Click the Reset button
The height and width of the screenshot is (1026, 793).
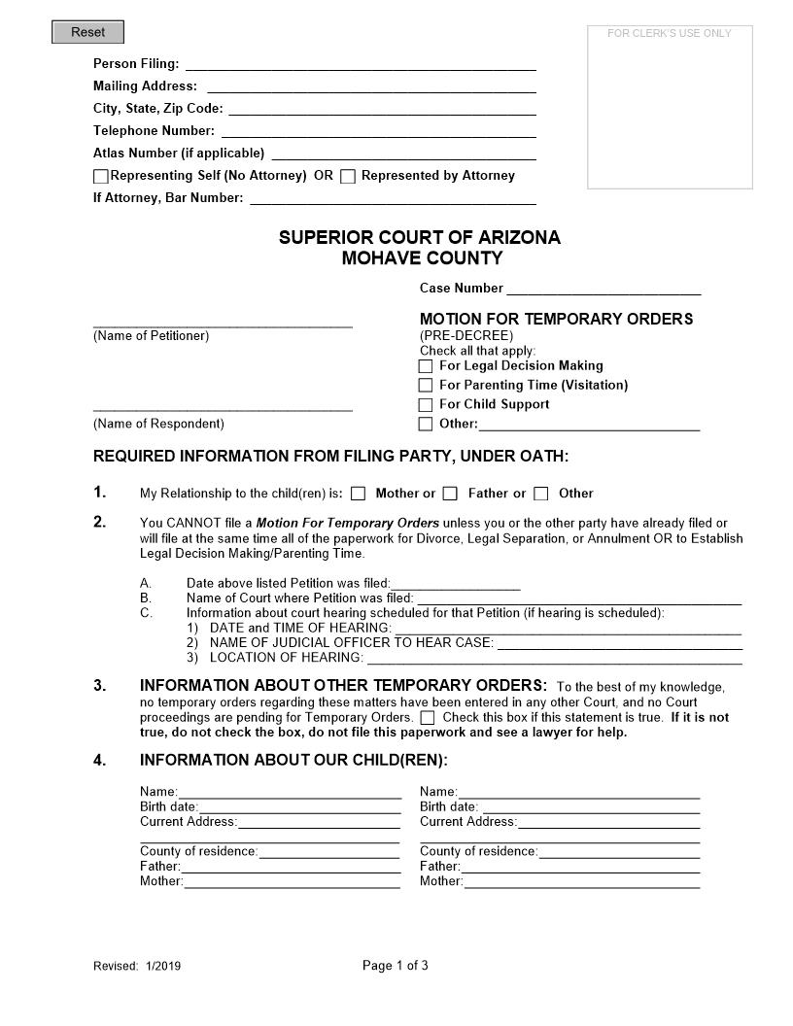pyautogui.click(x=87, y=32)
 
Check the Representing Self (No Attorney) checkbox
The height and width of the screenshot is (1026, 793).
pyautogui.click(x=101, y=177)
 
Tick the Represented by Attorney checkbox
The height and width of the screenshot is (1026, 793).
pyautogui.click(x=348, y=177)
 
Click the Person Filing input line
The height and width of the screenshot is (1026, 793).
pyautogui.click(x=360, y=64)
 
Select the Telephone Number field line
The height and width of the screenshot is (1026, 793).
pyautogui.click(x=379, y=131)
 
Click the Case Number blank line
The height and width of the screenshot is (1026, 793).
pyautogui.click(x=603, y=289)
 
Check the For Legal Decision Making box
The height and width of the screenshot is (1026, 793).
pyautogui.click(x=426, y=366)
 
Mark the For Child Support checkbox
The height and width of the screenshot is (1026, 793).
pyautogui.click(x=426, y=405)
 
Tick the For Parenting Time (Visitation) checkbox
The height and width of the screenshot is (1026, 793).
pyautogui.click(x=426, y=386)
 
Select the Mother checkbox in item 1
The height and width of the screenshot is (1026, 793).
pyautogui.click(x=359, y=494)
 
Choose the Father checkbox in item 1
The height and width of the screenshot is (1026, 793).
pyautogui.click(x=450, y=494)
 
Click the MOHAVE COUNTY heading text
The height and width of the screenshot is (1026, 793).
pyautogui.click(x=422, y=258)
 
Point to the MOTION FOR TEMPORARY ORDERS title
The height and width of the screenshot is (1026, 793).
pyautogui.click(x=556, y=319)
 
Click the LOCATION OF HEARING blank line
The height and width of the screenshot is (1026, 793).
pyautogui.click(x=553, y=659)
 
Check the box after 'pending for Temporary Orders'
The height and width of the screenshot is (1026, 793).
pyautogui.click(x=428, y=718)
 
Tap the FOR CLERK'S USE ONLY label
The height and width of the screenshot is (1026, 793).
pyautogui.click(x=669, y=33)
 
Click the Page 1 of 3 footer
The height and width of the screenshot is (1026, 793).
pyautogui.click(x=395, y=966)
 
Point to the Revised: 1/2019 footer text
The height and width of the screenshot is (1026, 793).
pyautogui.click(x=137, y=967)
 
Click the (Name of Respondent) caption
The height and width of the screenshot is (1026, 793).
pyautogui.click(x=158, y=424)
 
